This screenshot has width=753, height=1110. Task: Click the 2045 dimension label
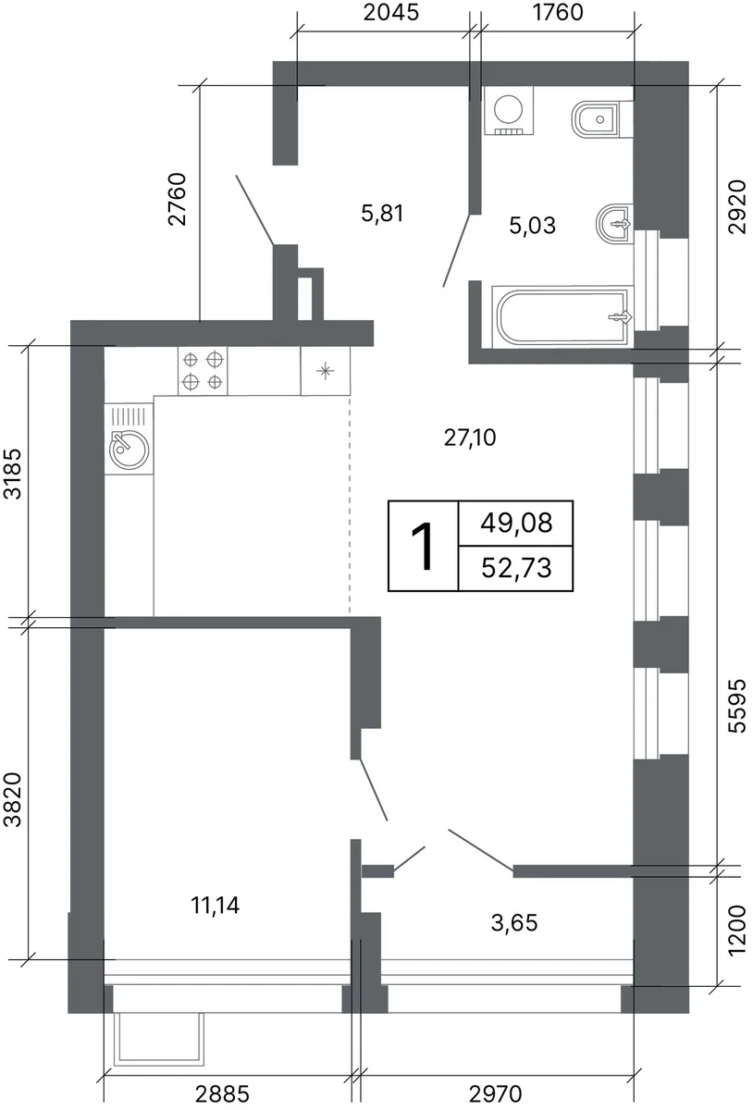coord(391,12)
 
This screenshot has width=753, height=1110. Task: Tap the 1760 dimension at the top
coord(558,12)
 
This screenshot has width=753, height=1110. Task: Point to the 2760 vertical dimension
coord(177,199)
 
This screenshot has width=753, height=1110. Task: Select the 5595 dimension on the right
coord(736,706)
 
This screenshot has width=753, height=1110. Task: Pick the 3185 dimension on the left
coord(13,474)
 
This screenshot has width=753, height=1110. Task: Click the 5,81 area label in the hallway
coord(382,214)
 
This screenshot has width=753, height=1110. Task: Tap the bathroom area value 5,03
coord(533,226)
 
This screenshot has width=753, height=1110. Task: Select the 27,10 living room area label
coord(469,438)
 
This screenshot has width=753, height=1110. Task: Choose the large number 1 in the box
coord(423,547)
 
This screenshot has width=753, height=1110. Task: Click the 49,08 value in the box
coord(516,524)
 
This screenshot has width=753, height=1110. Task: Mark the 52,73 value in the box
coord(516,568)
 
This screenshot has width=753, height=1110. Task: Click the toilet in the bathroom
coord(602,119)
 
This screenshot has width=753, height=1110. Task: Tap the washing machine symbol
coord(509,110)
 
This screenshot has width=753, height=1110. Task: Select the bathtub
coord(562,315)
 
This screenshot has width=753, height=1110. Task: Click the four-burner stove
coord(203,371)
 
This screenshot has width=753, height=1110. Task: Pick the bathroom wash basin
coord(615,224)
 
